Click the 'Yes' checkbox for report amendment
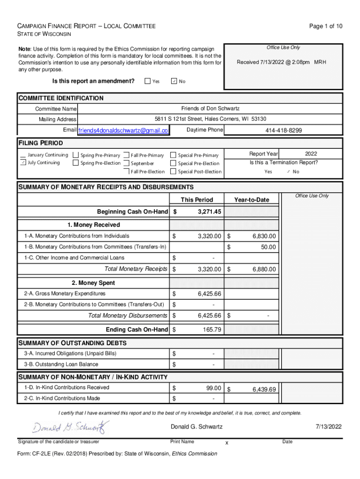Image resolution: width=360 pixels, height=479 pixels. pos(148,81)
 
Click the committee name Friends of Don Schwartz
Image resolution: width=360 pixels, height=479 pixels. pos(210,109)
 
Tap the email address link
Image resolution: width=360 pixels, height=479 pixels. pos(123,130)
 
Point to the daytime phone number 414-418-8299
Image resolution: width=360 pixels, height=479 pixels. pos(283,131)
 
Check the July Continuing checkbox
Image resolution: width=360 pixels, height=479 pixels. pos(22,163)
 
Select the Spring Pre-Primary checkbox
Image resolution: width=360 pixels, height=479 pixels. pos(76,155)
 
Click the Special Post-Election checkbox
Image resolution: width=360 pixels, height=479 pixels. pos(173,172)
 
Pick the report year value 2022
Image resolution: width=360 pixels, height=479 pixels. pos(311,153)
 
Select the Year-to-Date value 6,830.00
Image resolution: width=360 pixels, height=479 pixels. pos(264,236)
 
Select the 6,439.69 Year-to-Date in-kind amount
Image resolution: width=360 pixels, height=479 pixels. pos(264,389)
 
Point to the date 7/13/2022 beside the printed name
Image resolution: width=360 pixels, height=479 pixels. pos(329,427)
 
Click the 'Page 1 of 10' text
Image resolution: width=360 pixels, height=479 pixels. pos(326,26)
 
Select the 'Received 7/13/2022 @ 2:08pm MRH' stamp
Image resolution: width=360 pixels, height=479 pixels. pos(281,62)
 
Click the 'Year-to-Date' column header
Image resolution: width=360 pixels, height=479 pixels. pos(252,200)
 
